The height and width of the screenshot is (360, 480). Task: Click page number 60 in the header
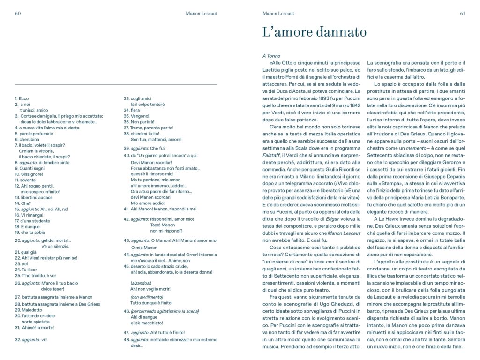pos(18,13)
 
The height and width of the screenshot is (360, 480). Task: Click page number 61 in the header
pos(462,13)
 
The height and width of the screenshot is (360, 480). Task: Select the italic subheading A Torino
pos(271,56)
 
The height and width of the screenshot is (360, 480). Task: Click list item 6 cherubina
pos(25,139)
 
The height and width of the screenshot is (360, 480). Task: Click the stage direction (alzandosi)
pos(141,283)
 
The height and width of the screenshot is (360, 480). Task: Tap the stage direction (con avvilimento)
pos(147,297)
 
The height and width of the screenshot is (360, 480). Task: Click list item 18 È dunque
pos(26,226)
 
